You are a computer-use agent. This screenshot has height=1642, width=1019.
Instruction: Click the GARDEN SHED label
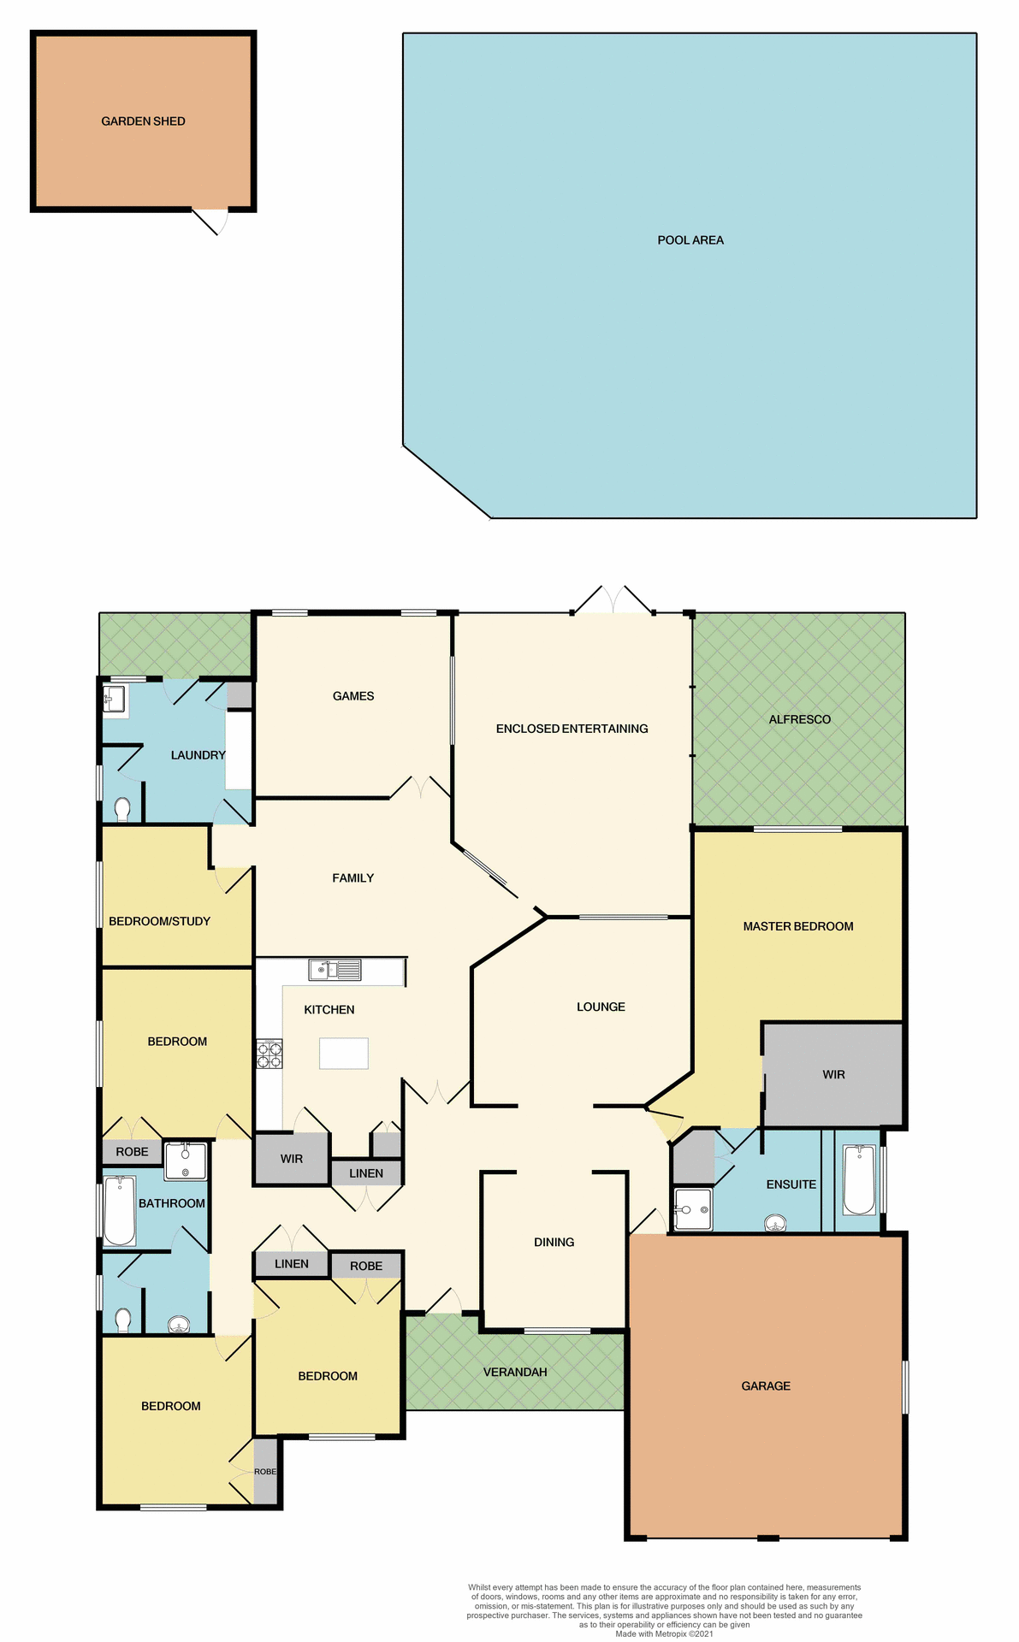click(x=143, y=121)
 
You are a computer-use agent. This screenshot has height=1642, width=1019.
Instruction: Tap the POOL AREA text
click(x=690, y=240)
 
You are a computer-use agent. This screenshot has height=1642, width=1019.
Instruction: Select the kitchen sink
click(x=335, y=970)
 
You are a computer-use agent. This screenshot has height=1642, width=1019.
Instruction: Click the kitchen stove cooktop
click(x=270, y=1054)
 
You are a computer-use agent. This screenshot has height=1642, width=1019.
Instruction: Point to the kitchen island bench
click(x=343, y=1054)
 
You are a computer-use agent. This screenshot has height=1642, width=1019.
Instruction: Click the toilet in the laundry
click(x=122, y=808)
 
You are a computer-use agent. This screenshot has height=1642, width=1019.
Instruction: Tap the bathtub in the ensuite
click(x=858, y=1180)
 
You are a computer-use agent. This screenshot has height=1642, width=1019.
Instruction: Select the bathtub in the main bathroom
click(x=120, y=1210)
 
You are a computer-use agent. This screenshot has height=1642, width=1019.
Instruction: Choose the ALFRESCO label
click(x=799, y=719)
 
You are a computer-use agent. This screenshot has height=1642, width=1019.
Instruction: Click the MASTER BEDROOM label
click(x=797, y=926)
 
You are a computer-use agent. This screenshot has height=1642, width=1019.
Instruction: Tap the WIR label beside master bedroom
click(x=833, y=1075)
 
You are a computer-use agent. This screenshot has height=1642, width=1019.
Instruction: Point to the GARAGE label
click(x=766, y=1385)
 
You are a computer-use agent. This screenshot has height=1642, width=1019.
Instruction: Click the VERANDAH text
click(x=514, y=1372)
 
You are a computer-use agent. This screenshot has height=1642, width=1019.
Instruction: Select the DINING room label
click(x=554, y=1242)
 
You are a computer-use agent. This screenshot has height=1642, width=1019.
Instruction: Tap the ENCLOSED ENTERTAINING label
click(x=572, y=729)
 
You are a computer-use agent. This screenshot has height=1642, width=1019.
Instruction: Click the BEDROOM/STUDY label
click(x=159, y=921)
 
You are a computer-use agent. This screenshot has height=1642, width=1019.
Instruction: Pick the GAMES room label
click(x=353, y=696)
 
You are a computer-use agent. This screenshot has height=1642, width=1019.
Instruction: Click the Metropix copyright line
click(x=664, y=1633)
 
